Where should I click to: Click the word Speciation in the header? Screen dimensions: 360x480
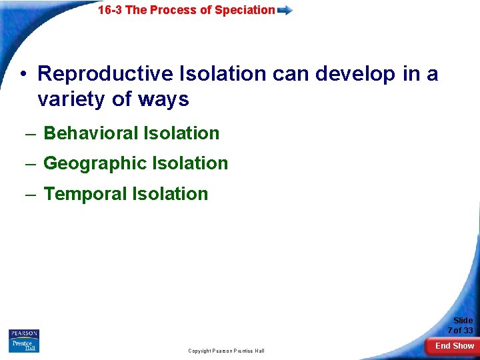coord(245,10)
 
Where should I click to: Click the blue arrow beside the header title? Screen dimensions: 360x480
coord(285,10)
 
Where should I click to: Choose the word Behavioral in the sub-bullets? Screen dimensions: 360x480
coord(83,133)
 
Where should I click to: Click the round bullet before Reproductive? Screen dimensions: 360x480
coord(23,74)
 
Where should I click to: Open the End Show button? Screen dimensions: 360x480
coord(455,345)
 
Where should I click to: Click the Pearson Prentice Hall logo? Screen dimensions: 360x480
coord(24,341)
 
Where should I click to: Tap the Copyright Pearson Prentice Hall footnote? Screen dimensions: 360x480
coord(226,351)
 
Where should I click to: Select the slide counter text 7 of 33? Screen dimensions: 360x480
coord(460,331)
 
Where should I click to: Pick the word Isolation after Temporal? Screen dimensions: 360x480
coord(170,194)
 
